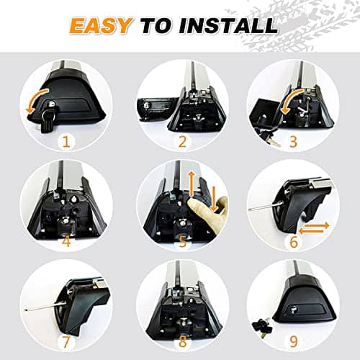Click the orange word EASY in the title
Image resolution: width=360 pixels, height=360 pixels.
[101, 25]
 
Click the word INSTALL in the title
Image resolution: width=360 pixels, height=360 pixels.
[228, 25]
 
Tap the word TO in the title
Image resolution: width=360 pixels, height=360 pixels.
[157, 25]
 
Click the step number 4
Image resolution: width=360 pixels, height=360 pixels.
[66, 241]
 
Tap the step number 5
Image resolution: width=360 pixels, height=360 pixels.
[183, 241]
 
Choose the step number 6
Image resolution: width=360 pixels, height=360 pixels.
[294, 241]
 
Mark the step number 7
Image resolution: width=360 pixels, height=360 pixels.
[66, 342]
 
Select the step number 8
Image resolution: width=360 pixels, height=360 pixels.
[183, 342]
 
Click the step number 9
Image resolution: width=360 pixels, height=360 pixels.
[294, 342]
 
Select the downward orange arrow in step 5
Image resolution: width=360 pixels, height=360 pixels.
[214, 198]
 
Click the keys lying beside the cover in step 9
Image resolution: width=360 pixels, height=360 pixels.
[261, 327]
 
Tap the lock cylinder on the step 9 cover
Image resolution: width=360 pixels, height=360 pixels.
[293, 310]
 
